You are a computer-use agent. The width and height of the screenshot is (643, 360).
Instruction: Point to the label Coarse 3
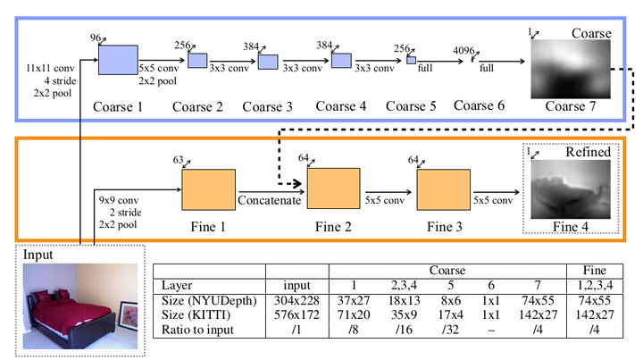coord(267,106)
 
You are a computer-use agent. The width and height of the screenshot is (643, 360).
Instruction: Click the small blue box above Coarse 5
coord(411,59)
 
